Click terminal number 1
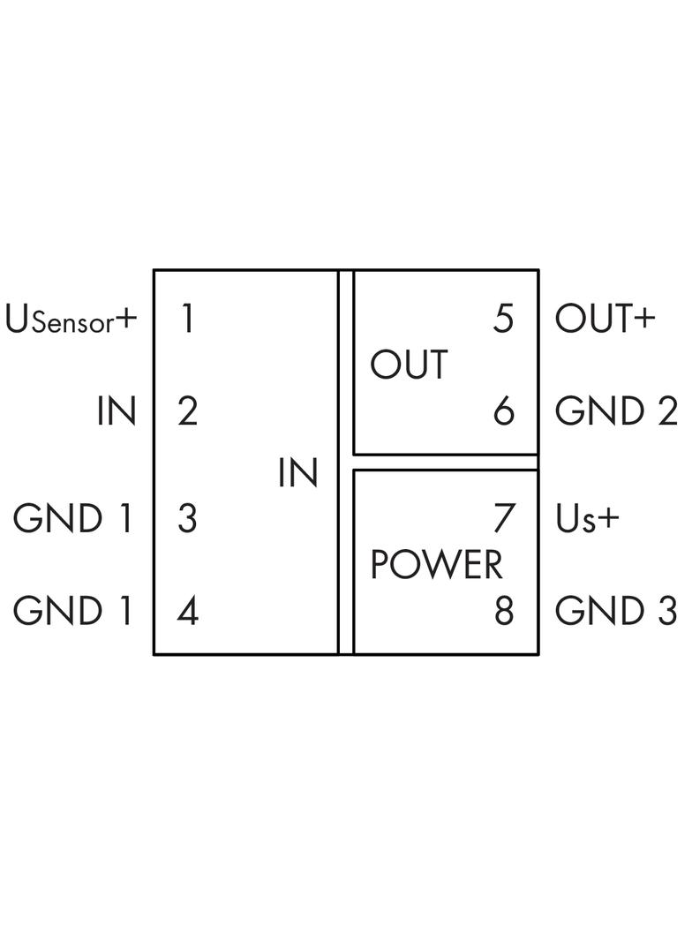(x=186, y=319)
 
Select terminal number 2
(x=187, y=411)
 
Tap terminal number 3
(x=187, y=518)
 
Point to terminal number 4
(x=187, y=611)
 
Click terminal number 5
(x=503, y=319)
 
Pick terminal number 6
(x=503, y=411)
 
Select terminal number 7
(x=503, y=518)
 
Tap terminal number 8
(x=503, y=611)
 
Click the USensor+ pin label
(x=71, y=320)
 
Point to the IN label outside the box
(x=117, y=411)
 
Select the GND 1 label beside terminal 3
(x=72, y=518)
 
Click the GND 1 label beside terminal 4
(x=72, y=611)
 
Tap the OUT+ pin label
(x=605, y=319)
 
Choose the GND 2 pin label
(x=615, y=411)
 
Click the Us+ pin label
(x=587, y=519)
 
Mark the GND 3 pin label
(x=615, y=611)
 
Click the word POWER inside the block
(x=436, y=565)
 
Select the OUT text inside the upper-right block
(x=409, y=365)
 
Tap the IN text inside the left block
(x=297, y=473)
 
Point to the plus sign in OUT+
(x=643, y=320)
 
